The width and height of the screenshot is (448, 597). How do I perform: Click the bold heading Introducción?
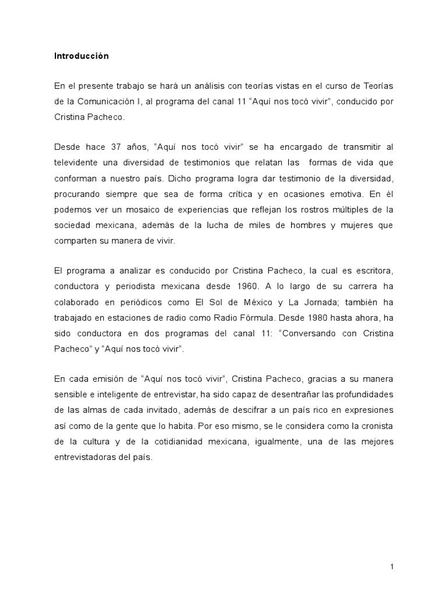click(82, 57)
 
